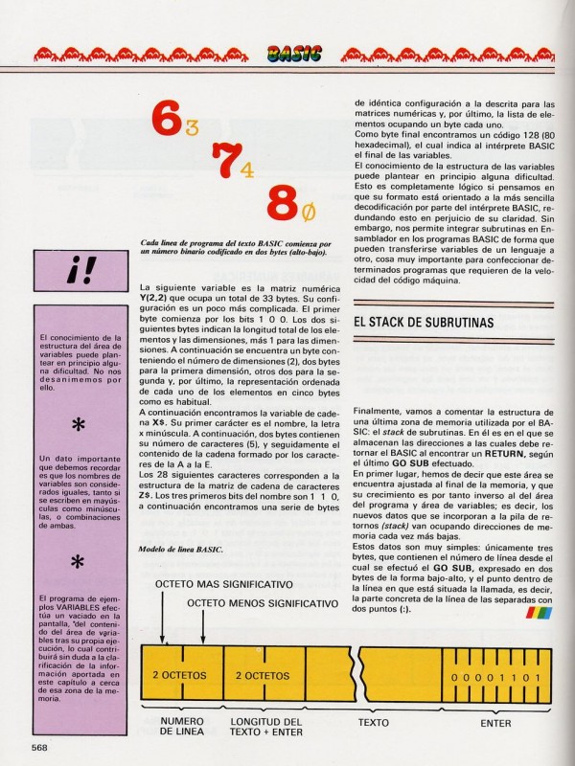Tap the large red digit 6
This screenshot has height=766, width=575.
click(x=165, y=121)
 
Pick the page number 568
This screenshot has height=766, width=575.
click(x=39, y=747)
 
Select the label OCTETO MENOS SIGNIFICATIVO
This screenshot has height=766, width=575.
click(x=262, y=604)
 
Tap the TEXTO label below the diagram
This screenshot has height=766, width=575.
click(x=373, y=722)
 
